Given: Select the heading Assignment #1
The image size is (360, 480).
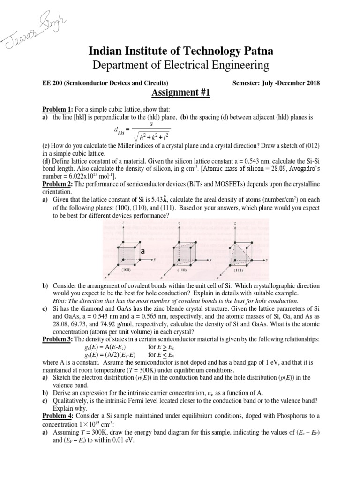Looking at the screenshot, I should pyautogui.click(x=180, y=93).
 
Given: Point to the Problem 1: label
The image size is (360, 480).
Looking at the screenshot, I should pyautogui.click(x=57, y=109).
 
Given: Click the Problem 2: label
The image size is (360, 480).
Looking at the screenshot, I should pyautogui.click(x=57, y=185).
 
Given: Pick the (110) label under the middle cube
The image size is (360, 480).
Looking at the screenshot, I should pyautogui.click(x=182, y=270).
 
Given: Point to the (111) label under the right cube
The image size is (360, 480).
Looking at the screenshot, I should pyautogui.click(x=239, y=270).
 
